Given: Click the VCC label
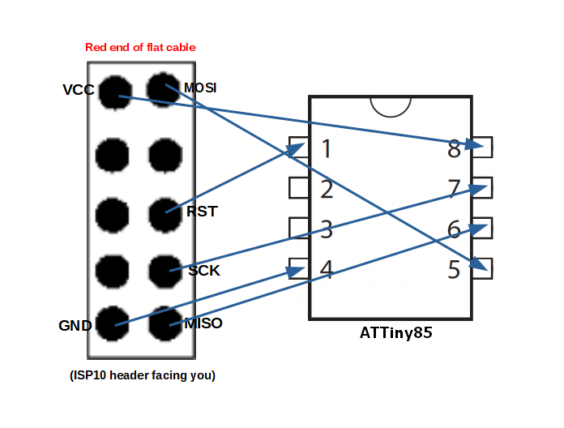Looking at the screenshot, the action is coord(79,89).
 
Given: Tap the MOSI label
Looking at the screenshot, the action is coord(200,88).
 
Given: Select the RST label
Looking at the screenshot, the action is coord(202,212).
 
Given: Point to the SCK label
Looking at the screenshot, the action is coord(204,271).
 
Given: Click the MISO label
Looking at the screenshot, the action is coord(203,323).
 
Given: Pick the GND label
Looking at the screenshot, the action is coord(75,326).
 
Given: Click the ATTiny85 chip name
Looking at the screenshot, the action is coord(395,332).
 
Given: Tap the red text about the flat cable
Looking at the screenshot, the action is coord(140,47).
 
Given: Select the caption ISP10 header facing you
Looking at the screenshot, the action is coord(143,375).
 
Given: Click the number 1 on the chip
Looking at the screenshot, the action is coord(327,148).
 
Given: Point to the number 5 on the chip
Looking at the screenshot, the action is coord(454,269).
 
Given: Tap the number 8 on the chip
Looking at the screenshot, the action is coord(454,148).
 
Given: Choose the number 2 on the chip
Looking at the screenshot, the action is coord(327,189).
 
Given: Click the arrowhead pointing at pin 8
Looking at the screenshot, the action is coord(474,144).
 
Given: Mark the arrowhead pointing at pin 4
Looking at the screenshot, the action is coord(296,272).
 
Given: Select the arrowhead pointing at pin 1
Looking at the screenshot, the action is coord(296,149).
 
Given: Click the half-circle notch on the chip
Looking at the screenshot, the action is coord(391,111).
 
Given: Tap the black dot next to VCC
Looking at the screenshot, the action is coord(115,92).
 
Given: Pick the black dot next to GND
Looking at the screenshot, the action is coord(112,323).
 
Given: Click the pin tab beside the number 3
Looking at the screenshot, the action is coord(299,228).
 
